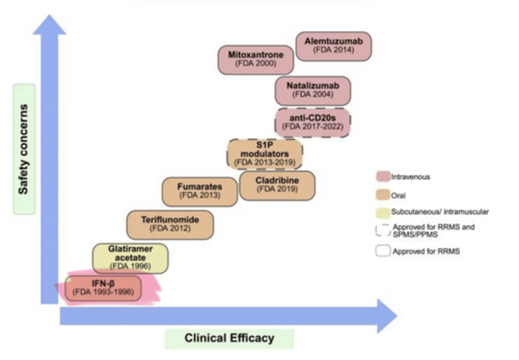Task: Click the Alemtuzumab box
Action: pyautogui.click(x=333, y=46)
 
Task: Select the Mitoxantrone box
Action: pyautogui.click(x=256, y=59)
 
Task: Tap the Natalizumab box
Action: pyautogui.click(x=312, y=90)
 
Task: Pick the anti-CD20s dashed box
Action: pyautogui.click(x=312, y=123)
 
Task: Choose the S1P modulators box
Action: pyautogui.click(x=265, y=154)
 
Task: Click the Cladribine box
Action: pyautogui.click(x=277, y=185)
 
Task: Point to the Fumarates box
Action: pyautogui.click(x=200, y=191)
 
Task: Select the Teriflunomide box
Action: pyautogui.click(x=170, y=225)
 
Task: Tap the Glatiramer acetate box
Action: pyautogui.click(x=130, y=258)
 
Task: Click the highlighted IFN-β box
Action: pyautogui.click(x=103, y=288)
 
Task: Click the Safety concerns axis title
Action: pyautogui.click(x=24, y=149)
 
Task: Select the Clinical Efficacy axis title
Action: pyautogui.click(x=229, y=338)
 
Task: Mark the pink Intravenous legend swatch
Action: pyautogui.click(x=383, y=177)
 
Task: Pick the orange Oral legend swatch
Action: pyautogui.click(x=383, y=195)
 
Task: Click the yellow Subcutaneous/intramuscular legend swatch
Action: pyautogui.click(x=383, y=212)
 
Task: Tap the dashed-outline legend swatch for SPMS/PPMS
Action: pyautogui.click(x=383, y=230)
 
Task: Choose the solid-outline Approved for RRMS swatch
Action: pyautogui.click(x=383, y=251)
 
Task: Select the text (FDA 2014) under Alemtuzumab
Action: pyautogui.click(x=333, y=50)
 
